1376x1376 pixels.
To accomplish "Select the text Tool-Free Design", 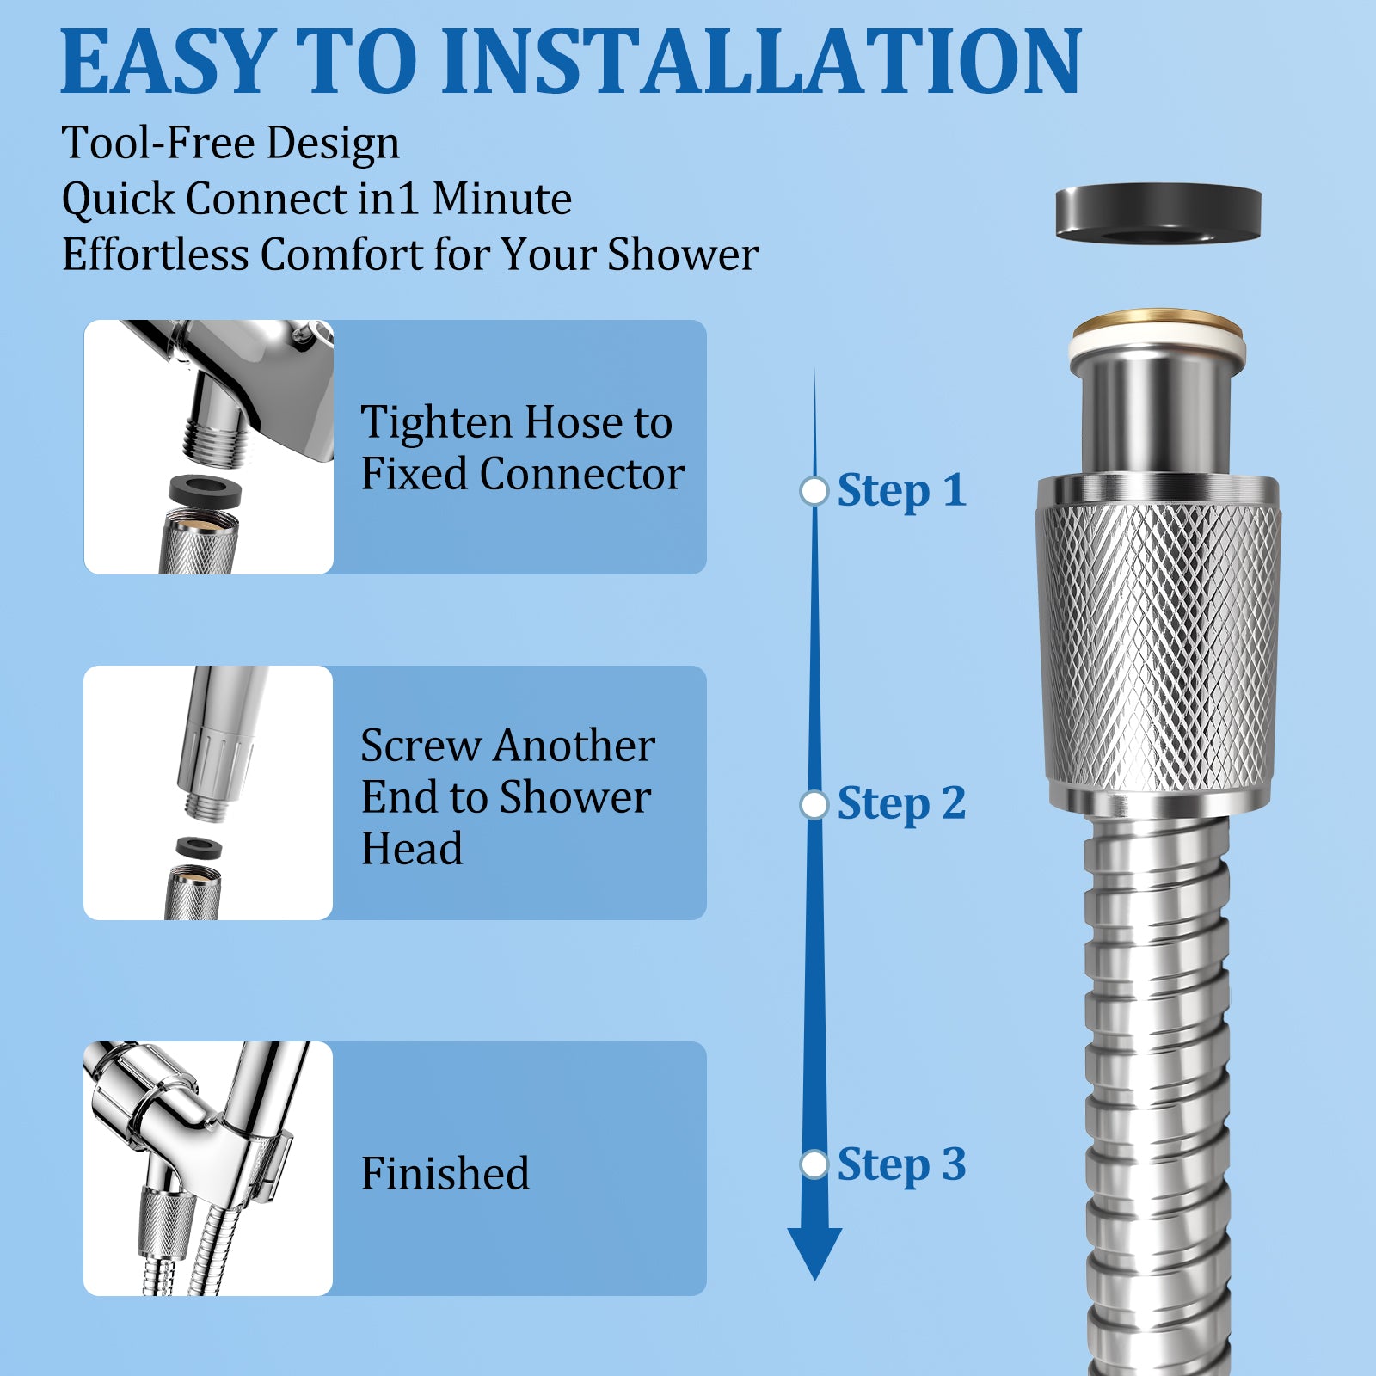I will point(230,143).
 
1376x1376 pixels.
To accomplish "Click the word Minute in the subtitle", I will point(501,199).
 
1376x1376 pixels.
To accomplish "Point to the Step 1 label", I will point(901,491).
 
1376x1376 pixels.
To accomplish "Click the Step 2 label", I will point(901,804).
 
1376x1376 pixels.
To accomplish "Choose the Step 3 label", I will point(901,1165).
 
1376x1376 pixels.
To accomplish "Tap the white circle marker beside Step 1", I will point(814,491).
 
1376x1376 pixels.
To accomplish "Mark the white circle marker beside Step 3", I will point(814,1164).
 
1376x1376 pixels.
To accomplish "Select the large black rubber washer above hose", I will point(1158,212).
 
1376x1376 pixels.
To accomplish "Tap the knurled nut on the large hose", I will point(1158,645).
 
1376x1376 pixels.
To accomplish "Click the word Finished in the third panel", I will point(445,1173).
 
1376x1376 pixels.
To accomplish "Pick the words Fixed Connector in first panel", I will point(522,474).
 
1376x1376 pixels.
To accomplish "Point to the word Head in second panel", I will point(412,849).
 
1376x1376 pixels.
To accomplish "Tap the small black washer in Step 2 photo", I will point(199,847).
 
